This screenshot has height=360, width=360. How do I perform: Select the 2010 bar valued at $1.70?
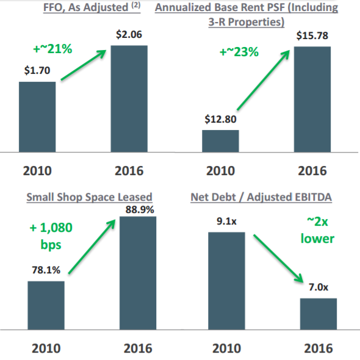tap(37, 116)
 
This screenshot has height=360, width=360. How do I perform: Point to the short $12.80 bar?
tap(220, 140)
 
